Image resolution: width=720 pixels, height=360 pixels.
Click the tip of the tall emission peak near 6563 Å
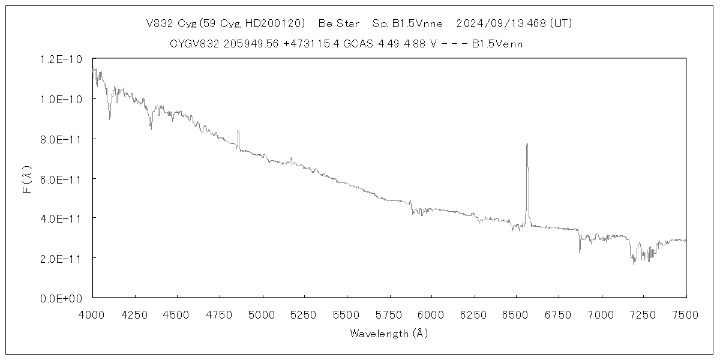pyautogui.click(x=527, y=144)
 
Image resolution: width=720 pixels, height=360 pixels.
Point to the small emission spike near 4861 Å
pyautogui.click(x=238, y=131)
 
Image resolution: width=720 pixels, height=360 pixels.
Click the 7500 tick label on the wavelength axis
pyautogui.click(x=686, y=313)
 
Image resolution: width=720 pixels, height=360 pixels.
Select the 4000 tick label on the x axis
pyautogui.click(x=92, y=313)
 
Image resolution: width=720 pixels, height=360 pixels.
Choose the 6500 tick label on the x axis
pyautogui.click(x=517, y=313)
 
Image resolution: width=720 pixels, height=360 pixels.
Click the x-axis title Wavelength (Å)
pyautogui.click(x=389, y=334)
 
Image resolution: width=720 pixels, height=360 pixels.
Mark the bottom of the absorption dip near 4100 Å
pyautogui.click(x=109, y=118)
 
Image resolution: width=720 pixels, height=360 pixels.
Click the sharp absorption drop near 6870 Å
pyautogui.click(x=579, y=251)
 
